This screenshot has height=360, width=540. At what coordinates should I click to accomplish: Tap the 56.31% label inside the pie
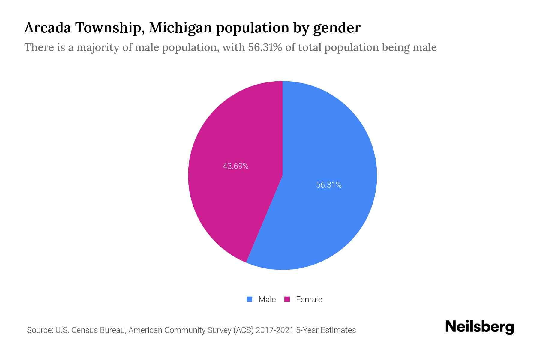[x=329, y=185]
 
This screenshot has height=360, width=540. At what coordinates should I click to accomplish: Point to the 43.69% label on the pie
[x=236, y=166]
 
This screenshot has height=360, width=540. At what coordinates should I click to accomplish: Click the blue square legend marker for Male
[x=249, y=299]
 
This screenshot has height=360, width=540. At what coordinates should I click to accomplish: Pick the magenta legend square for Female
[x=287, y=299]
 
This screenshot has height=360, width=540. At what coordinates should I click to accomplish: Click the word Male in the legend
[x=267, y=299]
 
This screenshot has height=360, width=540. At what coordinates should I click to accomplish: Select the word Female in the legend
[x=309, y=299]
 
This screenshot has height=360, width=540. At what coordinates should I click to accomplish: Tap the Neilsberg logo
[x=479, y=327]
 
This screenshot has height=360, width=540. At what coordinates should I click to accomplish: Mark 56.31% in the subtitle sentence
[x=265, y=47]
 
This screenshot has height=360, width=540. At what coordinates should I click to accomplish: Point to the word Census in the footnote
[x=84, y=330]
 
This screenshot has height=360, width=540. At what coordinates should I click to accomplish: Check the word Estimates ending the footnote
[x=338, y=330]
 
